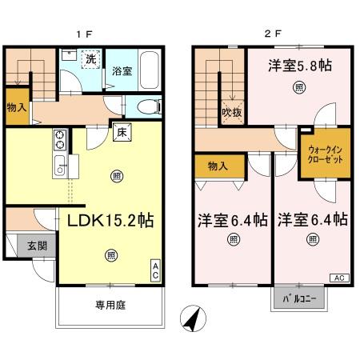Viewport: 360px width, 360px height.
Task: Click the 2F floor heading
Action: click(273, 35)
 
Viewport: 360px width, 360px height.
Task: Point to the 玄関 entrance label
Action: click(26, 246)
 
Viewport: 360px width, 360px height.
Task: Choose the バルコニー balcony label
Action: click(301, 300)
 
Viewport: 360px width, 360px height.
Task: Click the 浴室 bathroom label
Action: click(122, 69)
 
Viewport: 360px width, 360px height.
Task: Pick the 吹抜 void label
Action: click(232, 113)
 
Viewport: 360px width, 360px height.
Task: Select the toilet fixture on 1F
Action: click(147, 106)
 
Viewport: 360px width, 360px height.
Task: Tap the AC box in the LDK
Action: click(156, 269)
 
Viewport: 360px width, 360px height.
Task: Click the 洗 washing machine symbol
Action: click(90, 58)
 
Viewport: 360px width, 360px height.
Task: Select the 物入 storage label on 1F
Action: click(15, 108)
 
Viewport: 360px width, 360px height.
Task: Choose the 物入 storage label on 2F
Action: click(217, 166)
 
